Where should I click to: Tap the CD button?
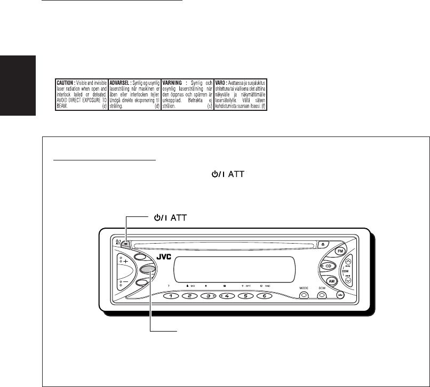[329, 265]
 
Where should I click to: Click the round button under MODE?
[304, 294]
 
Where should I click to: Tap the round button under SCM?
[322, 294]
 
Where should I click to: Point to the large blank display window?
[233, 265]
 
